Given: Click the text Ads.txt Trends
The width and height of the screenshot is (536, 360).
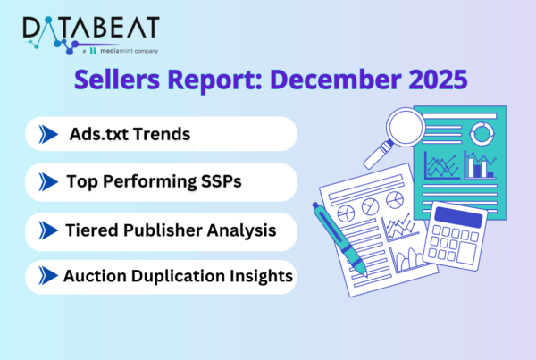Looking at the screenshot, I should point(131,134).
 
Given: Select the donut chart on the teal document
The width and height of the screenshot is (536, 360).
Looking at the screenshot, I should point(482,134).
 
